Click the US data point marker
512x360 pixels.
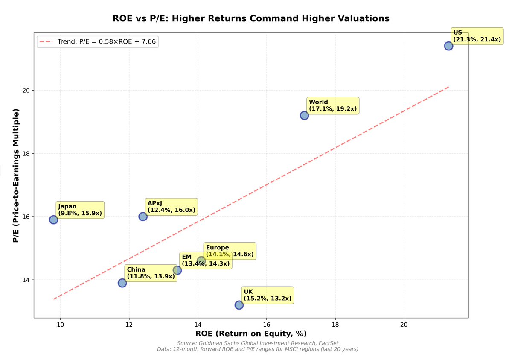(448, 46)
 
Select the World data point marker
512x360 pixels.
(304, 115)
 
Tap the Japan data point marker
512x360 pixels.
(53, 220)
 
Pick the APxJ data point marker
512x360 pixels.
(143, 217)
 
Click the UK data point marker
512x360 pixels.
(239, 305)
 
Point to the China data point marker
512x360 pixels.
(122, 283)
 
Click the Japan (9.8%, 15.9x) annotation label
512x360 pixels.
(80, 210)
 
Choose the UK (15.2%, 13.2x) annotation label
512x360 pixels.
(267, 295)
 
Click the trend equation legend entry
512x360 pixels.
(98, 41)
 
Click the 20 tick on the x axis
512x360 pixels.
(404, 325)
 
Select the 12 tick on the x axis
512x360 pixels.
(129, 325)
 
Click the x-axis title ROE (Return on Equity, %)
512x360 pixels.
(251, 334)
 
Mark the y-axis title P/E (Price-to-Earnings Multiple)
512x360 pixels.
(16, 176)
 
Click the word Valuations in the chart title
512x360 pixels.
(360, 18)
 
